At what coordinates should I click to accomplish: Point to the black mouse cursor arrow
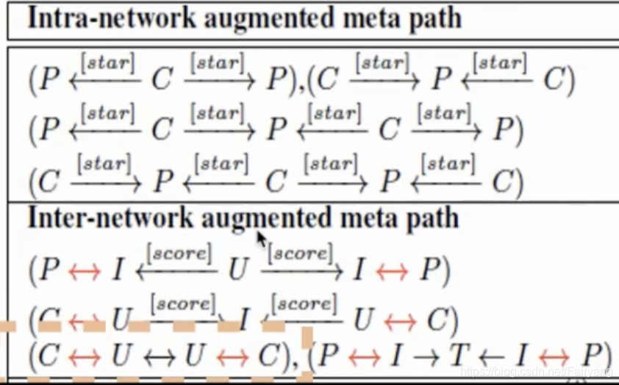[x=261, y=238]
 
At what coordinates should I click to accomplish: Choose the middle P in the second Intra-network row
[x=276, y=130]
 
